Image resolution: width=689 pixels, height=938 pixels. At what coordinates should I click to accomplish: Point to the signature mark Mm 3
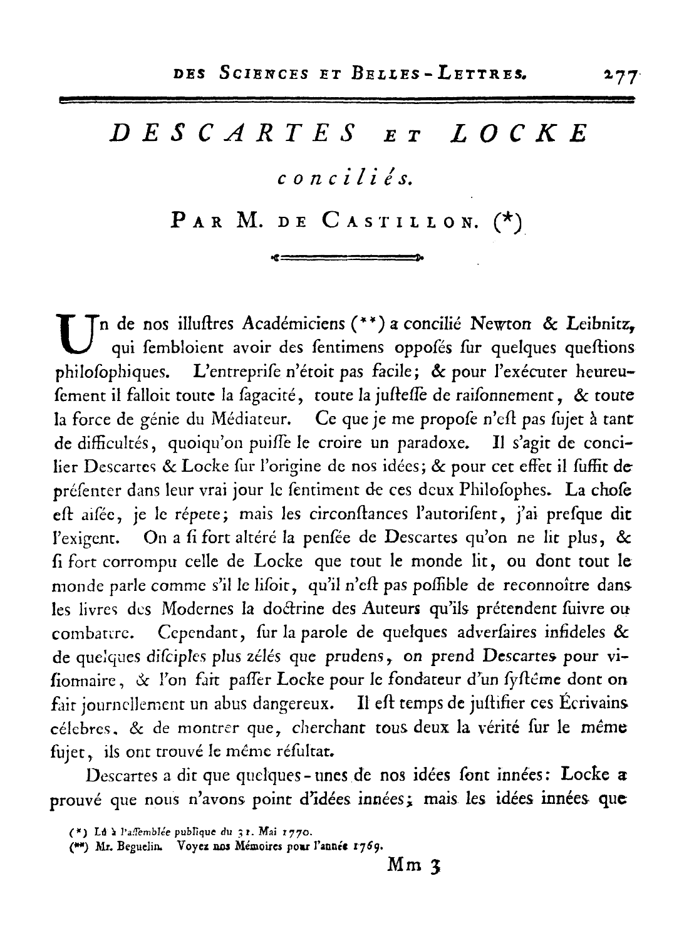[x=414, y=865]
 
